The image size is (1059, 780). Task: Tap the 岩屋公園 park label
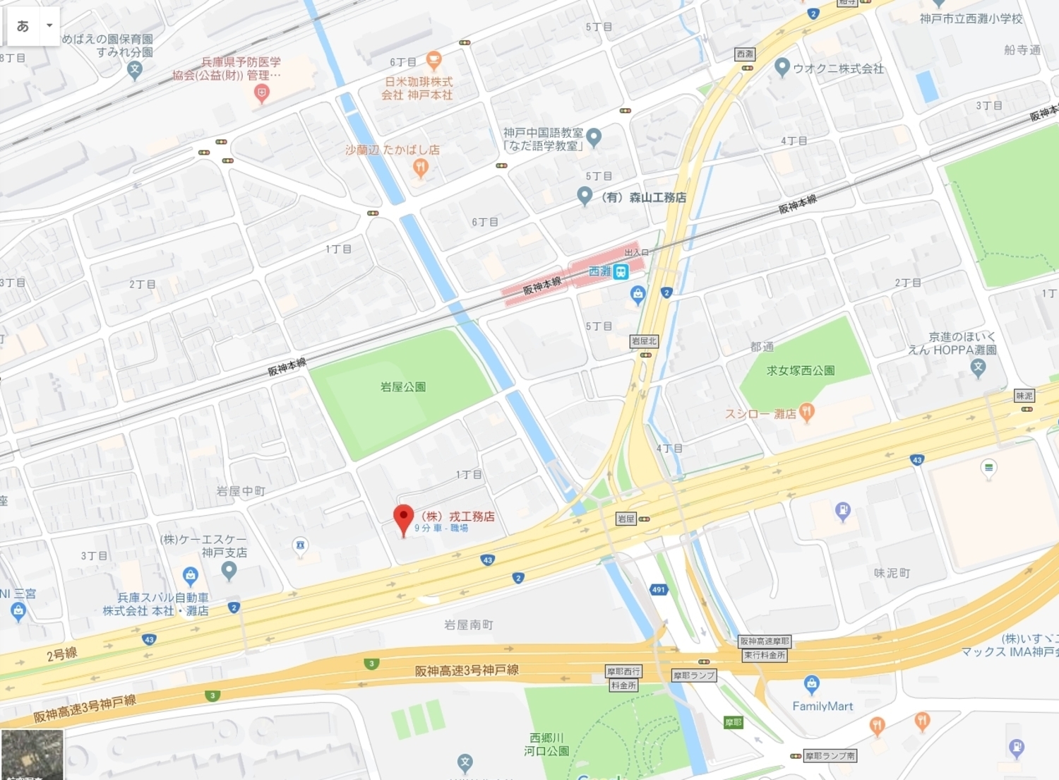[x=402, y=386]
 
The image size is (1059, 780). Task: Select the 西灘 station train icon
[x=621, y=272]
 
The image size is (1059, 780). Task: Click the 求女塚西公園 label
[x=801, y=370]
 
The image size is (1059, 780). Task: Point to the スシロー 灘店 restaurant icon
[x=807, y=413]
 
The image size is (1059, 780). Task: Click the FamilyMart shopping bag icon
[x=811, y=684]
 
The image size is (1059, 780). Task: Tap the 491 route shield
[x=658, y=589]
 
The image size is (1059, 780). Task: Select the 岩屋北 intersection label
[x=644, y=341]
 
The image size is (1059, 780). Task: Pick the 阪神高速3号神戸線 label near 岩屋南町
[x=467, y=670]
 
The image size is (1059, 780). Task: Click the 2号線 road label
[x=61, y=654]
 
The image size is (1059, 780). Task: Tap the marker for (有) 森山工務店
[x=585, y=196]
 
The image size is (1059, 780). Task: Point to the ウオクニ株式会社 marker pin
[x=782, y=67]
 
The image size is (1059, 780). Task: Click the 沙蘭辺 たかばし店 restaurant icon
[x=421, y=167]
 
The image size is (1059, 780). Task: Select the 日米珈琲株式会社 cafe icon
[x=434, y=60]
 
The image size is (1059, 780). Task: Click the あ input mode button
[x=23, y=26]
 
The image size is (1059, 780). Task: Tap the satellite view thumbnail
[x=32, y=755]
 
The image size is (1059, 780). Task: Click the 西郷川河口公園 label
[x=546, y=744]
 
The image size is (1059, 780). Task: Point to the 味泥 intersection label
[x=1024, y=396]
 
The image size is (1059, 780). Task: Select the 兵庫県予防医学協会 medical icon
[x=261, y=93]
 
